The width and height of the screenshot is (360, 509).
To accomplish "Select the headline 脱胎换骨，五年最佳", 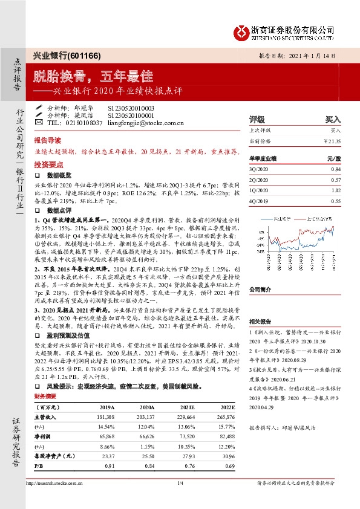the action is click(x=93, y=77).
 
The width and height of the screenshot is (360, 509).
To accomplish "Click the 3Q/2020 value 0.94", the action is click(x=336, y=170).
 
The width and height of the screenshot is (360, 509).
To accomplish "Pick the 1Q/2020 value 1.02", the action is click(x=336, y=190).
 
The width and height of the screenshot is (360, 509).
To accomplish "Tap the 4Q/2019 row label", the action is click(x=258, y=200).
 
